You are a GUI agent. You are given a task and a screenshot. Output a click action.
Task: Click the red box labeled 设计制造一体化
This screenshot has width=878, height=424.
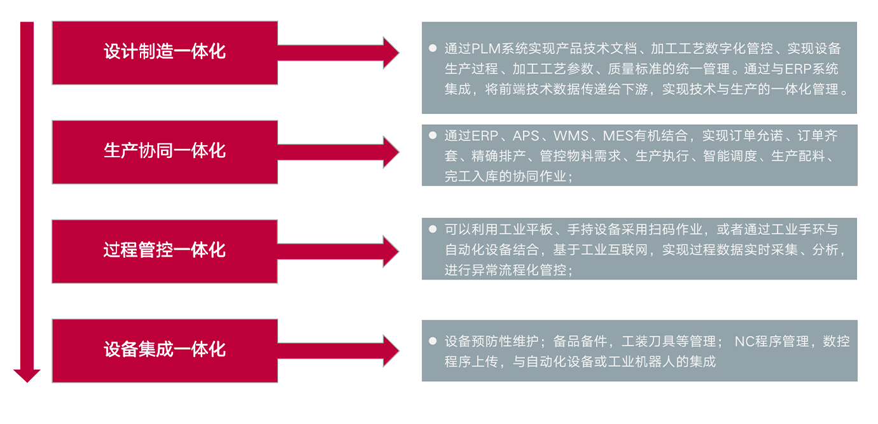pyautogui.click(x=165, y=52)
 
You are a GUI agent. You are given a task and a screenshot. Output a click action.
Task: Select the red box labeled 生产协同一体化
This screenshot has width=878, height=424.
pyautogui.click(x=165, y=152)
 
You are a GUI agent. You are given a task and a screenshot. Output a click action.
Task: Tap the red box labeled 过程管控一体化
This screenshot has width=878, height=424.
pyautogui.click(x=165, y=251)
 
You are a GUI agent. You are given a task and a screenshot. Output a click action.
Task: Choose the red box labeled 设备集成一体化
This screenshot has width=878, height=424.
pyautogui.click(x=165, y=350)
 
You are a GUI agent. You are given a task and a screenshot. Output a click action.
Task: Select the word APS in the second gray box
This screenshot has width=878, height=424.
pyautogui.click(x=526, y=136)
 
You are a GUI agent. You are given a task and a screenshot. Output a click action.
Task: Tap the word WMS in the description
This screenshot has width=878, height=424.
pyautogui.click(x=571, y=136)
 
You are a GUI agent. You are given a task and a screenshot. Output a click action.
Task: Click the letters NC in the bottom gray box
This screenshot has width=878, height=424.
pyautogui.click(x=744, y=341)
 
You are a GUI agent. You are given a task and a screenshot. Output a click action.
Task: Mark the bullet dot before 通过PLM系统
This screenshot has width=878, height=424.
pyautogui.click(x=433, y=48)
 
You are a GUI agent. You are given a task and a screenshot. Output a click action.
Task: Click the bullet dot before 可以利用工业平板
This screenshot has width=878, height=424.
pyautogui.click(x=433, y=229)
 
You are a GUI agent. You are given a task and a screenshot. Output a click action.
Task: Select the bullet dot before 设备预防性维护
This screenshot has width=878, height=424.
pyautogui.click(x=433, y=341)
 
